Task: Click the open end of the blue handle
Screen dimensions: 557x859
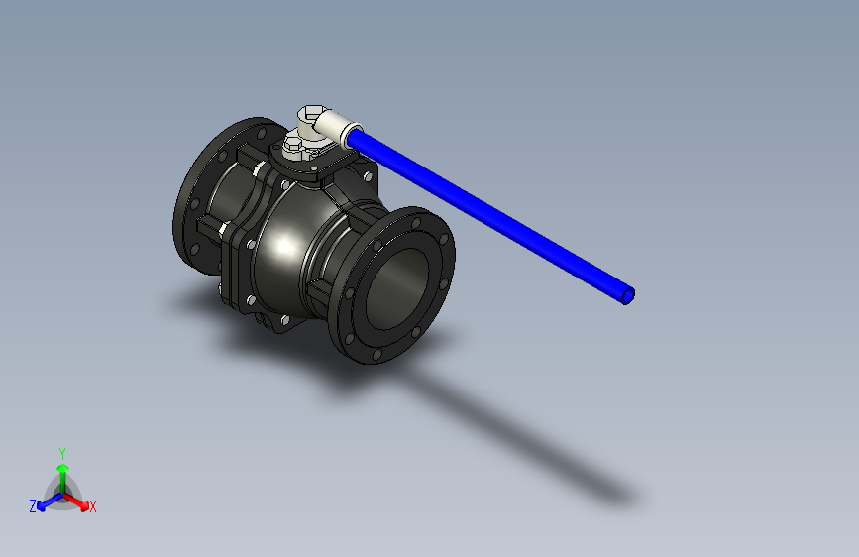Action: [x=627, y=295]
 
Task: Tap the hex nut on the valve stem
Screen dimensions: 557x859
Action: [x=293, y=150]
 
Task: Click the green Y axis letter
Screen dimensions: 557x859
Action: [x=61, y=452]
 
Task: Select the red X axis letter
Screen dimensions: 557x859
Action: [x=93, y=507]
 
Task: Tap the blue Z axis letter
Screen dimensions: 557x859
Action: [x=33, y=506]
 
